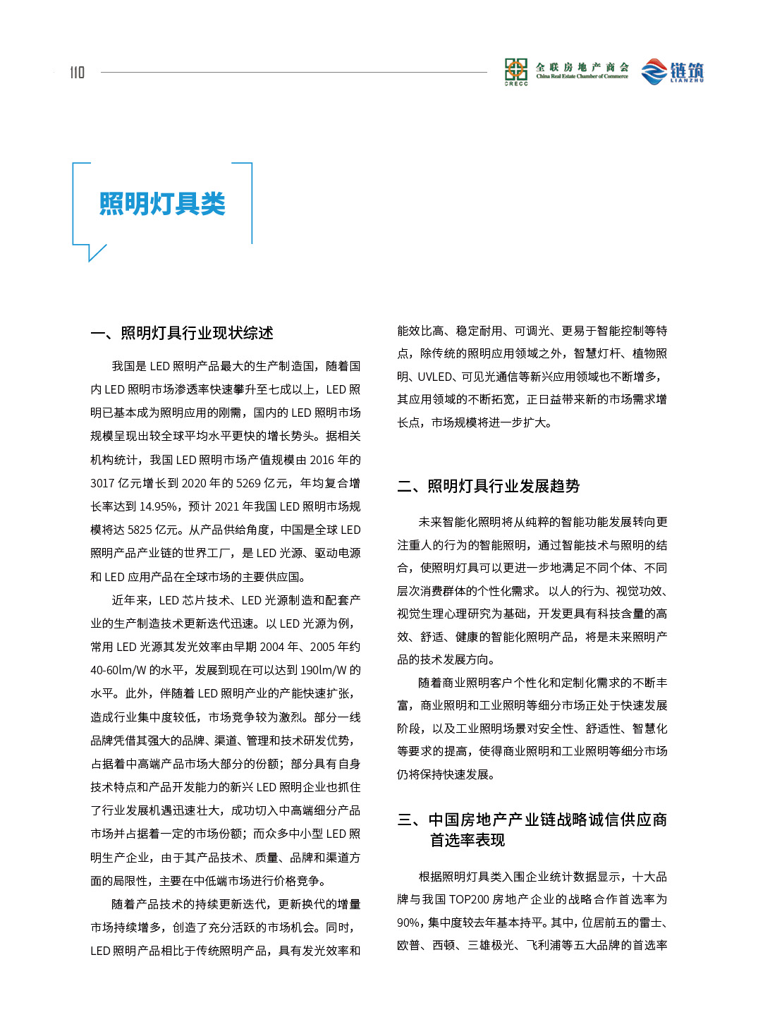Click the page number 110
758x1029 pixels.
pos(77,72)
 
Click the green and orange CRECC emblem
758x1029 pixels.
pos(516,70)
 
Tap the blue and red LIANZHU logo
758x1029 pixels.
pos(672,71)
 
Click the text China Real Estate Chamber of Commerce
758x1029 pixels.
pos(582,76)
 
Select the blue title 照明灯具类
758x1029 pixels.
pos(162,204)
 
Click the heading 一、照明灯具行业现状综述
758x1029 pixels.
pos(182,333)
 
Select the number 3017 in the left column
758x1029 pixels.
pos(102,483)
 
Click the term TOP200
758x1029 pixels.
pos(469,899)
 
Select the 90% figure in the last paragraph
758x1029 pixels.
pos(409,923)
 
